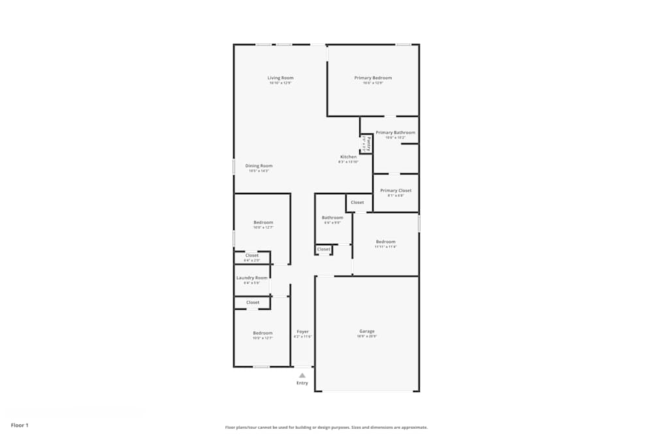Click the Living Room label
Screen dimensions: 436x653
280,78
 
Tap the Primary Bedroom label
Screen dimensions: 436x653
373,78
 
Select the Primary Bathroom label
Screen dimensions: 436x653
395,133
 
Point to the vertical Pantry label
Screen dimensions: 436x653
368,143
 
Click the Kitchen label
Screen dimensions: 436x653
348,157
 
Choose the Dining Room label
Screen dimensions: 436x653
259,166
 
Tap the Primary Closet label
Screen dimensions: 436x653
396,191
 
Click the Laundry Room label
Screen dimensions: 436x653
252,278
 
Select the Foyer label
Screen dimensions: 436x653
302,331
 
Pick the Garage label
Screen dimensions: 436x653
366,331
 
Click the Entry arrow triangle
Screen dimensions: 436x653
302,375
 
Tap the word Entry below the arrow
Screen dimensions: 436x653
302,382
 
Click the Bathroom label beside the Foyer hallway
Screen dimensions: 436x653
332,218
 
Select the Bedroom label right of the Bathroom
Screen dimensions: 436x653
385,242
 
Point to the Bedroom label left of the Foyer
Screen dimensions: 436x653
263,333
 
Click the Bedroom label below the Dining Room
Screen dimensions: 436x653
263,223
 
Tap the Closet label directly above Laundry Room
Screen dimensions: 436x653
252,256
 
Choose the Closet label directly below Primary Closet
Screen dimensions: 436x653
357,203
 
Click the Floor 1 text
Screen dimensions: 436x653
20,426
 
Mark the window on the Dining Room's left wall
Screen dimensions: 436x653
234,167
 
